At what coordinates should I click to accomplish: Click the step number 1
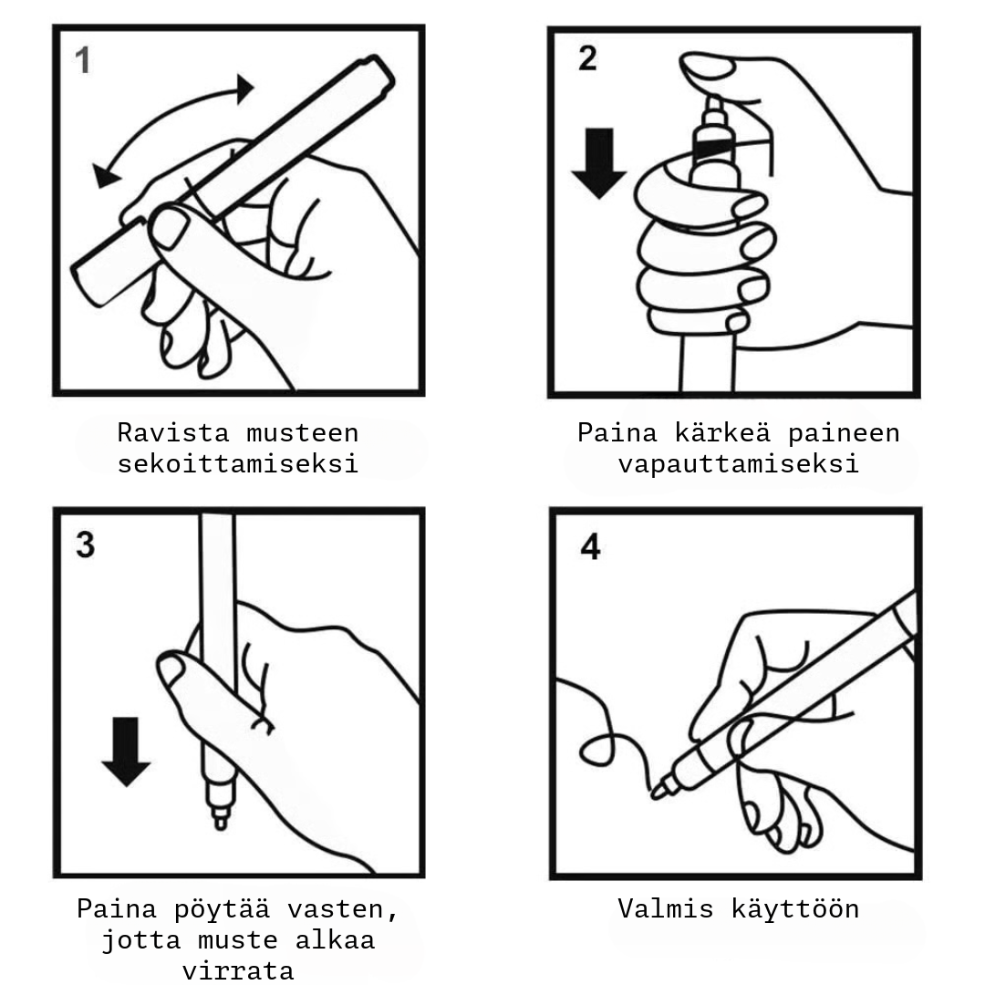point(83,62)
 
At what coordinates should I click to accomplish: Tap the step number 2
point(587,57)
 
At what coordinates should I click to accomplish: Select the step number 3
point(85,545)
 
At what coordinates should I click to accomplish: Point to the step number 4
point(590,547)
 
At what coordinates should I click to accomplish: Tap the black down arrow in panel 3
point(126,751)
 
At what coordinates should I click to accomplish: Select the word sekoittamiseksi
point(238,463)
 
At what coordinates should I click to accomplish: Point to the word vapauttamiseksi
point(738,463)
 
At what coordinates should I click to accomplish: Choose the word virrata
point(238,969)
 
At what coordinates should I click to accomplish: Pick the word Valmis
point(668,909)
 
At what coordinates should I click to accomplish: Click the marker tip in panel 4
point(658,792)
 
